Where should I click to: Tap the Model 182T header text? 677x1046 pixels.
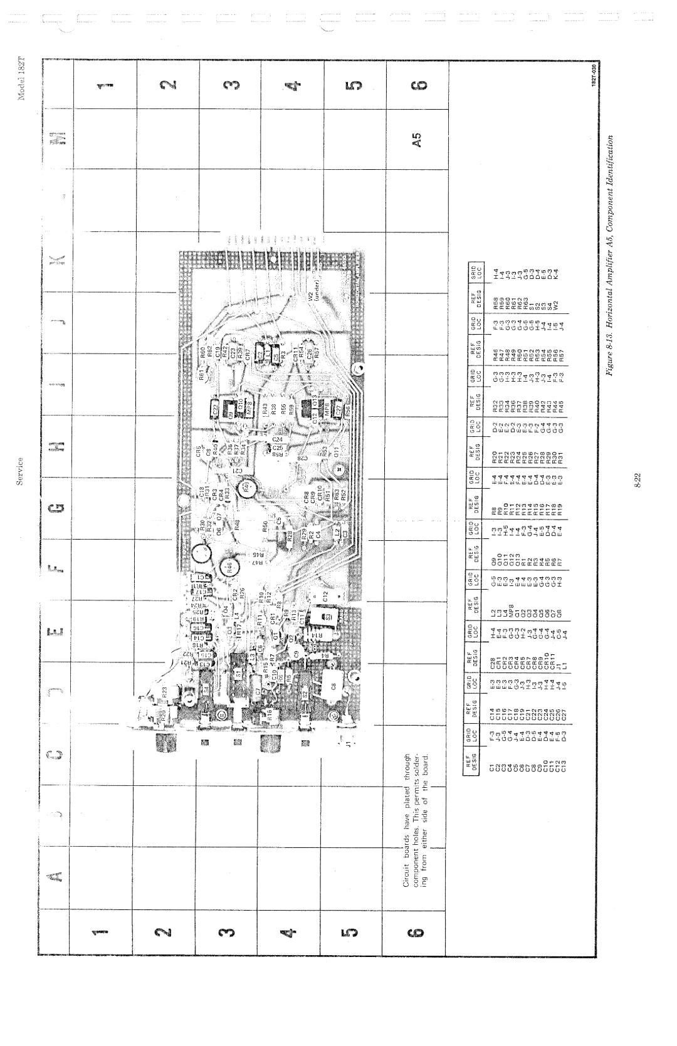(23, 78)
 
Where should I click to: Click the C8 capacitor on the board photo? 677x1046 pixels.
(334, 686)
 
